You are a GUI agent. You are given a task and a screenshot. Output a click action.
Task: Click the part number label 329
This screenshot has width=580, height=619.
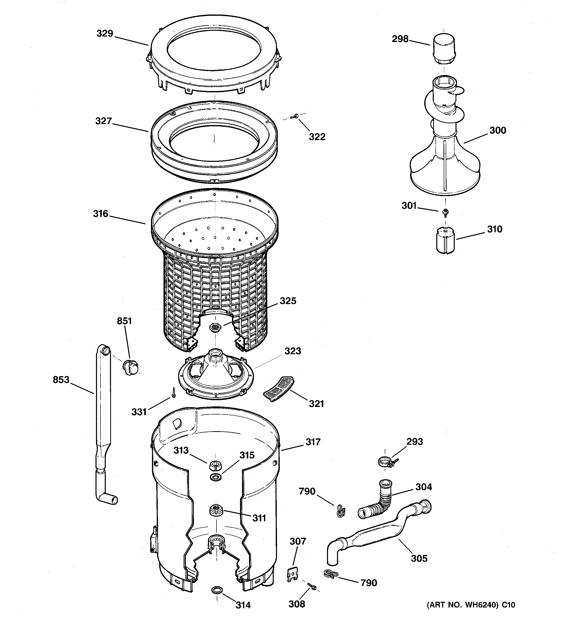(104, 34)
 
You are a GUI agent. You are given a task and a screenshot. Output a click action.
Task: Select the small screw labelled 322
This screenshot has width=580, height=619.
(294, 117)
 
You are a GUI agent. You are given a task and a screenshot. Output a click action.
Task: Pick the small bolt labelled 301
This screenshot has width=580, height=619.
(445, 212)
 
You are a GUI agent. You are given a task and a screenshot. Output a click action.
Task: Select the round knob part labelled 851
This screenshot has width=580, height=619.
(131, 367)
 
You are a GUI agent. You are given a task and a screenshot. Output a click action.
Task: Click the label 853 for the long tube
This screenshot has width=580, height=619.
(61, 380)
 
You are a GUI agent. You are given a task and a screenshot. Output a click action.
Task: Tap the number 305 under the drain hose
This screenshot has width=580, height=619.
(419, 558)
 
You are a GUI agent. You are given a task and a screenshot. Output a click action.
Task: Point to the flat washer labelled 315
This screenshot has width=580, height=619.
(216, 477)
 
